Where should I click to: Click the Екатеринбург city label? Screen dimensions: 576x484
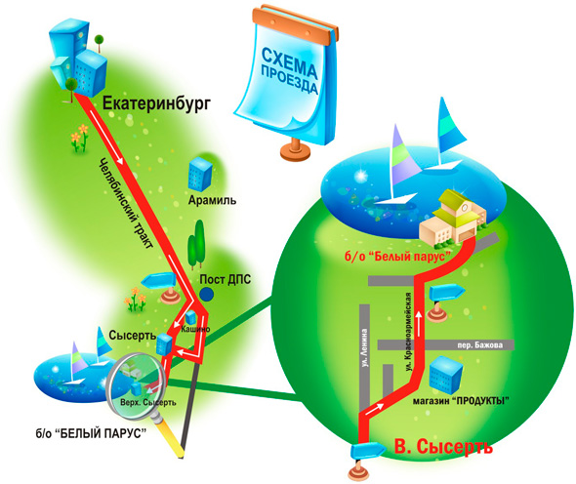pyautogui.click(x=157, y=104)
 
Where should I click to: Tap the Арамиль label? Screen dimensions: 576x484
pyautogui.click(x=212, y=200)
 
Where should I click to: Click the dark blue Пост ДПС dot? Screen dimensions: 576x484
pyautogui.click(x=207, y=294)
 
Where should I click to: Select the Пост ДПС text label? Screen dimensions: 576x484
pyautogui.click(x=226, y=279)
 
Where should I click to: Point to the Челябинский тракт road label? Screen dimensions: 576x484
pyautogui.click(x=126, y=204)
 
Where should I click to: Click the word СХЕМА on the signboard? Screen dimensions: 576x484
pyautogui.click(x=290, y=64)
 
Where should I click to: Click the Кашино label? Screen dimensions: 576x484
pyautogui.click(x=196, y=329)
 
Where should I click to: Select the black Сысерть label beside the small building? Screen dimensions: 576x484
pyautogui.click(x=133, y=336)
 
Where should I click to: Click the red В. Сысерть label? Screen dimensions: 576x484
pyautogui.click(x=443, y=447)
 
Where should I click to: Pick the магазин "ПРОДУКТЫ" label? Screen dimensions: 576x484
pyautogui.click(x=461, y=401)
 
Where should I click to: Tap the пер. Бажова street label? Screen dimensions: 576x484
pyautogui.click(x=479, y=345)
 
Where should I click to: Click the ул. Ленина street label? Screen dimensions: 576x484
pyautogui.click(x=364, y=347)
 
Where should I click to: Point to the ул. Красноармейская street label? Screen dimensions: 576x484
pyautogui.click(x=408, y=331)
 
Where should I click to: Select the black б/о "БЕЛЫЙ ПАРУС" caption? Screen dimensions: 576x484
pyautogui.click(x=91, y=433)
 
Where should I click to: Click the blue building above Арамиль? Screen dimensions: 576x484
pyautogui.click(x=200, y=175)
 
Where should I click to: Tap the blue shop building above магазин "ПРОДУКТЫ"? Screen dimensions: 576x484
pyautogui.click(x=446, y=375)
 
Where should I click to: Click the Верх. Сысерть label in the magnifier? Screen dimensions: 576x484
pyautogui.click(x=148, y=402)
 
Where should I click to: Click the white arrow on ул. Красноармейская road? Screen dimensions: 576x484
pyautogui.click(x=419, y=321)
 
